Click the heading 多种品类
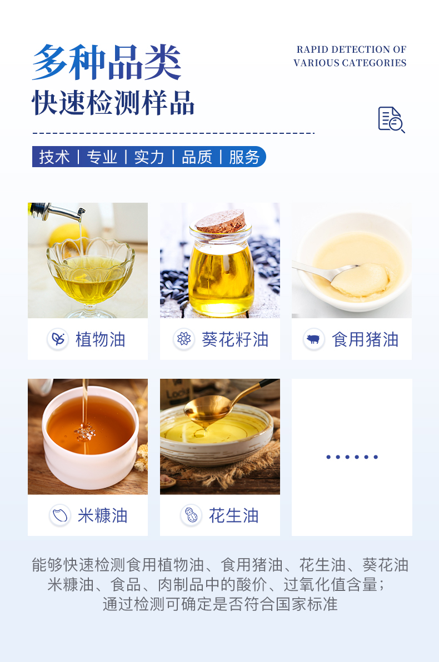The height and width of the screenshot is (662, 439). pos(107,63)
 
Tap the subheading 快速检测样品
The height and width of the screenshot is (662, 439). pos(113,103)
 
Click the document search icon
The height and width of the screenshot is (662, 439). pos(391,120)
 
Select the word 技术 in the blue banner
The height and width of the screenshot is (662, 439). pos(54,157)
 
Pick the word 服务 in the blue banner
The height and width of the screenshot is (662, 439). pos(244,157)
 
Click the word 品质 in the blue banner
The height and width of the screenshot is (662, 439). pos(197,157)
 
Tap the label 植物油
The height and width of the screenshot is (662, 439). pos(101,339)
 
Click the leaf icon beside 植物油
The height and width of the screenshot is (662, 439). pos(58,339)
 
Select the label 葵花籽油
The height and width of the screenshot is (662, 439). pos(236,339)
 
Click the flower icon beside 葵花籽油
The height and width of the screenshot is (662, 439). pos(184,339)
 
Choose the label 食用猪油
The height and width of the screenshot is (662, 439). pos(366,339)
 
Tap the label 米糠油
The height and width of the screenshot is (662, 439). pos(103,515)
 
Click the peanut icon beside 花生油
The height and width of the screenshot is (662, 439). pos(191,515)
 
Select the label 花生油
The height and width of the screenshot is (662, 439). pos(233,515)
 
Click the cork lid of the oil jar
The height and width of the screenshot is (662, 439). pos(221,221)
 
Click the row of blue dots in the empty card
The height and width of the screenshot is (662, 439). pos(352,457)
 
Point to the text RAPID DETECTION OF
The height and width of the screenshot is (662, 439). pos(352,49)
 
